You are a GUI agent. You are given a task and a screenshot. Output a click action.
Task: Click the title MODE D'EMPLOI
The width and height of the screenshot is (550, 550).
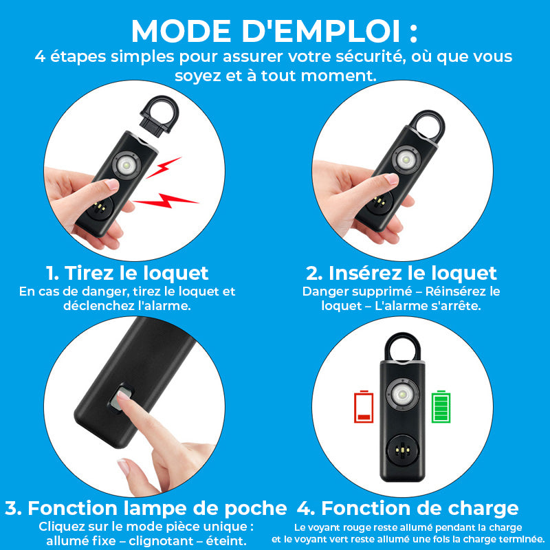point(274,30)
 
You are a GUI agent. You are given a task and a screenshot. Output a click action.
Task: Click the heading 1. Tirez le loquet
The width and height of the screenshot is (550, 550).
point(127,273)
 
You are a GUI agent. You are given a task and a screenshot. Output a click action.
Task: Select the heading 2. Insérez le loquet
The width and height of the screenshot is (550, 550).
point(401,273)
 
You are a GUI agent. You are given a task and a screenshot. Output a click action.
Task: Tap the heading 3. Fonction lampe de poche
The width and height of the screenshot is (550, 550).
point(146,509)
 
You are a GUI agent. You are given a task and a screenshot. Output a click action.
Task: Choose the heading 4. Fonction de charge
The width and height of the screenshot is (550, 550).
point(408,509)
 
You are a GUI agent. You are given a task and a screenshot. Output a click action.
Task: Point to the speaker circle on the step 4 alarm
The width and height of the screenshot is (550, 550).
point(402,450)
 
